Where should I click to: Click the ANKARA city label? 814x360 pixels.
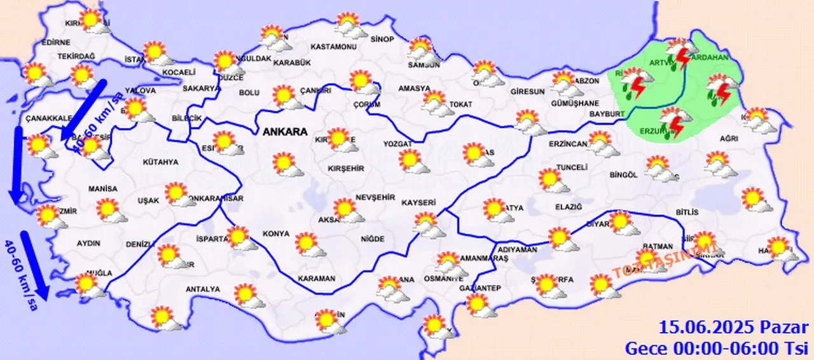tap(284, 132)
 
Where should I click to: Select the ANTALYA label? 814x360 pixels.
tap(202, 289)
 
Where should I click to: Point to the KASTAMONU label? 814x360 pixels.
tap(333, 47)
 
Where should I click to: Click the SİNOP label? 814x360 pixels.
tap(382, 39)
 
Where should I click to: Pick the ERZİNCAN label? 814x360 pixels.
tap(567, 144)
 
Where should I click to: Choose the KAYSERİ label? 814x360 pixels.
tap(418, 203)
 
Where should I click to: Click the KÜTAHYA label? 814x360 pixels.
tap(160, 162)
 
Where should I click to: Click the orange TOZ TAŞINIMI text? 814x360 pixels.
tap(667, 256)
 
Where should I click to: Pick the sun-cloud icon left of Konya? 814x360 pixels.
tap(240, 238)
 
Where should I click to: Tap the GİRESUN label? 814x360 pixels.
tap(527, 92)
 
